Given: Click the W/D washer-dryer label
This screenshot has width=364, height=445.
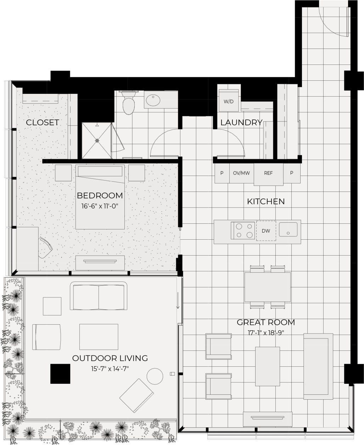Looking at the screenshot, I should pyautogui.click(x=229, y=102).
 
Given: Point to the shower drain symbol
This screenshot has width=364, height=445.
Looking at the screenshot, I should pyautogui.click(x=97, y=141).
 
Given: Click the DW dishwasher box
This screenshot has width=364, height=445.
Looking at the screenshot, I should pyautogui.click(x=266, y=231).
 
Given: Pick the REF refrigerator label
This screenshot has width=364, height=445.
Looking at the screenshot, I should pyautogui.click(x=268, y=173).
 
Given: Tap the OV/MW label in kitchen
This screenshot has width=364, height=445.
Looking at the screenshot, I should pyautogui.click(x=241, y=173).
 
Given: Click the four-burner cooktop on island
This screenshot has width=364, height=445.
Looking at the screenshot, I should pyautogui.click(x=243, y=230).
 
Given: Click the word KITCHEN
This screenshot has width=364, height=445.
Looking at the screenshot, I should pyautogui.click(x=265, y=201).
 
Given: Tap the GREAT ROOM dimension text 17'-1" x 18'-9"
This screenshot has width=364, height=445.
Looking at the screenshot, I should pyautogui.click(x=266, y=333).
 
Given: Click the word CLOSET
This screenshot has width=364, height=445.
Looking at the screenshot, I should pyautogui.click(x=43, y=122).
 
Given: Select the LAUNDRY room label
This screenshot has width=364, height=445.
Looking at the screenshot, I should pyautogui.click(x=241, y=122).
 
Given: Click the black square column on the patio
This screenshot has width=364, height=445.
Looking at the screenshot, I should pyautogui.click(x=60, y=374).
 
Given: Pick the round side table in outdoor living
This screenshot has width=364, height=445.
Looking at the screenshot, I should pyautogui.click(x=155, y=376).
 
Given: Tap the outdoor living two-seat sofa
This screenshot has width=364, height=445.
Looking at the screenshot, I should pyautogui.click(x=99, y=296).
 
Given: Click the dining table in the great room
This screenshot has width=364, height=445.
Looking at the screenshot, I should pyautogui.click(x=268, y=287).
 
